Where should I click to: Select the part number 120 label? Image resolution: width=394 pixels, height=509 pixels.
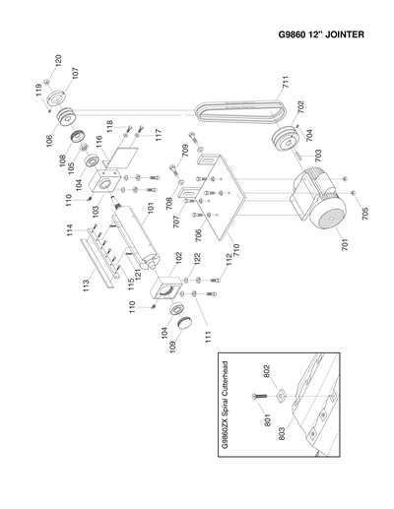[58, 61]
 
